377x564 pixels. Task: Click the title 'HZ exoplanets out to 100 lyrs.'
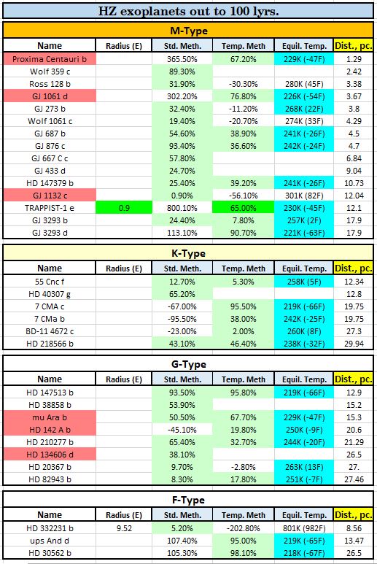189,11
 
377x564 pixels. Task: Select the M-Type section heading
189,31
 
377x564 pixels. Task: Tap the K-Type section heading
189,253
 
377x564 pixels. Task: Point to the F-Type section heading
189,500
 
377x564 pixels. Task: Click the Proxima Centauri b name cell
50,59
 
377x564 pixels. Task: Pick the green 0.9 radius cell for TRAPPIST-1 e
124,208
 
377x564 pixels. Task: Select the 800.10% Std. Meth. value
182,208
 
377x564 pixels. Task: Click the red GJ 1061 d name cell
50,96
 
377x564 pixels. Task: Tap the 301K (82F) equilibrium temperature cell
304,196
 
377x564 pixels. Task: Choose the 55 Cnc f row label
50,282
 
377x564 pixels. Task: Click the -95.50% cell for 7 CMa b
182,319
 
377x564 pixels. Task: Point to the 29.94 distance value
354,344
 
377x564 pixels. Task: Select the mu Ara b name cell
50,417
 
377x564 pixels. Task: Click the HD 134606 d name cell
50,455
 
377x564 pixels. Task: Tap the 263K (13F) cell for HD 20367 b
304,467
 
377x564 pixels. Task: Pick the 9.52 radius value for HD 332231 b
124,528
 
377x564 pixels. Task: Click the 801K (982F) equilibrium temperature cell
304,528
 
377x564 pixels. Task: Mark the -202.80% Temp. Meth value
244,528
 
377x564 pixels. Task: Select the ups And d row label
50,541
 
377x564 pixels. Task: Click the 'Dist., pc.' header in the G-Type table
354,379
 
